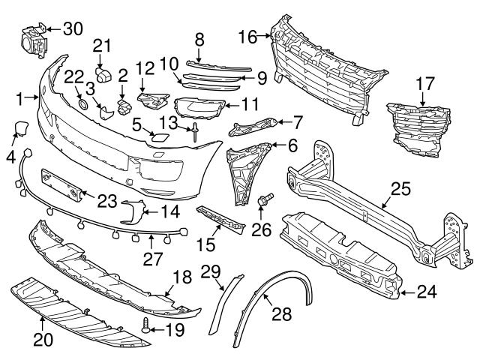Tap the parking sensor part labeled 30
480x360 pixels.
tap(31, 40)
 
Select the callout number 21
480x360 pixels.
tap(102, 45)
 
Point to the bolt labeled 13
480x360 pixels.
tap(194, 132)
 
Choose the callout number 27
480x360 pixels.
tap(153, 259)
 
